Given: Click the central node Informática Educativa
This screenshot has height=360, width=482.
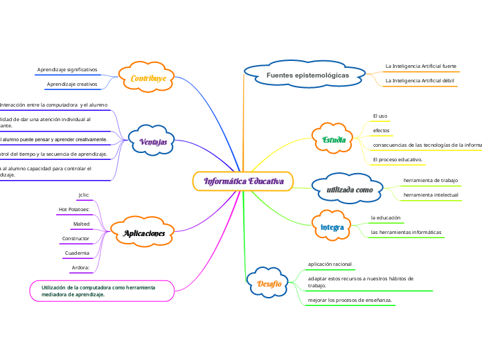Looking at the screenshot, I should [x=243, y=181].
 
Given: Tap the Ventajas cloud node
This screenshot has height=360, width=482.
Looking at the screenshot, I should [x=153, y=141].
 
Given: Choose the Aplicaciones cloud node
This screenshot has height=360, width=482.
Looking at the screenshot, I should [x=144, y=234].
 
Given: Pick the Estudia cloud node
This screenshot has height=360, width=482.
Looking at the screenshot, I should [x=334, y=140].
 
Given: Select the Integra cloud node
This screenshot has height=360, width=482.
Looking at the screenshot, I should [x=332, y=227].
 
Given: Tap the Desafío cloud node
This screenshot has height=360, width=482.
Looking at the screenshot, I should [x=269, y=284].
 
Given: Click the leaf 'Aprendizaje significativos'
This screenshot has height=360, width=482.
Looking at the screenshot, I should [x=67, y=70].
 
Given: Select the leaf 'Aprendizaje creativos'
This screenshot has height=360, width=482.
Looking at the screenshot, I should [x=72, y=84].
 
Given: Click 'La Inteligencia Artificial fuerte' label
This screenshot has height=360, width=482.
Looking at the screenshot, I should [x=420, y=66].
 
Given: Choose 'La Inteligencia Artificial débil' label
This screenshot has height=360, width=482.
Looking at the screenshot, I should [x=420, y=81].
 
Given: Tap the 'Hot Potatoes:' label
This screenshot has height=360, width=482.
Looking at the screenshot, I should [x=74, y=209].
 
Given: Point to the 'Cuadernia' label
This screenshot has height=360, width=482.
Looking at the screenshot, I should [x=77, y=253].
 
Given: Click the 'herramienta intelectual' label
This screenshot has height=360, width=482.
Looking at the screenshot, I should [x=430, y=195].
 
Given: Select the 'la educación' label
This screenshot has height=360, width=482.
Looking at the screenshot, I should [x=386, y=218].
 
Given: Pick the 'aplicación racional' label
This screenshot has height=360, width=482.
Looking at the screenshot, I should [x=330, y=264].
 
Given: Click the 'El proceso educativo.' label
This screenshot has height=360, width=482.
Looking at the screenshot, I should [x=398, y=160].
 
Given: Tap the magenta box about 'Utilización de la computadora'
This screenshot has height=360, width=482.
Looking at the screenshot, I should [x=101, y=290].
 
